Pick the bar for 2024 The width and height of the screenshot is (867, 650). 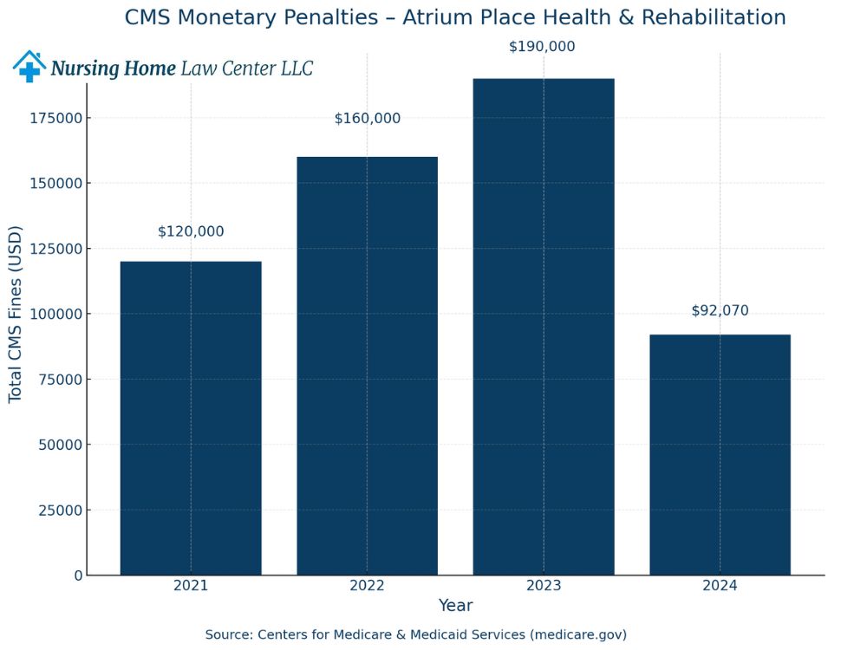720,454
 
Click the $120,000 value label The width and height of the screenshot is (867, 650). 191,231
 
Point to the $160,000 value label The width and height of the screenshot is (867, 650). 368,119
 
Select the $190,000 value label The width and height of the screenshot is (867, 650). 542,47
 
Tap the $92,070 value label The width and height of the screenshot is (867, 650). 720,310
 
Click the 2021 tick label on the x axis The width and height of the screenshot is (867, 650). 191,586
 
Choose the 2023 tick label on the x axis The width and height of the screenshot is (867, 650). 544,586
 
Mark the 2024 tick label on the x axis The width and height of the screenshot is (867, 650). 720,586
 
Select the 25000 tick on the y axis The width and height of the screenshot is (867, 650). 60,510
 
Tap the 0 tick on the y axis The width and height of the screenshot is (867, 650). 78,575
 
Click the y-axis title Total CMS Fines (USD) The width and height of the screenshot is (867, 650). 16,314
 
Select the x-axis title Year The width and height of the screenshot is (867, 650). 455,606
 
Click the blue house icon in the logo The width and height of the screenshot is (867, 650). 29,67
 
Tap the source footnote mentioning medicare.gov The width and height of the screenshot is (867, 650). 415,634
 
